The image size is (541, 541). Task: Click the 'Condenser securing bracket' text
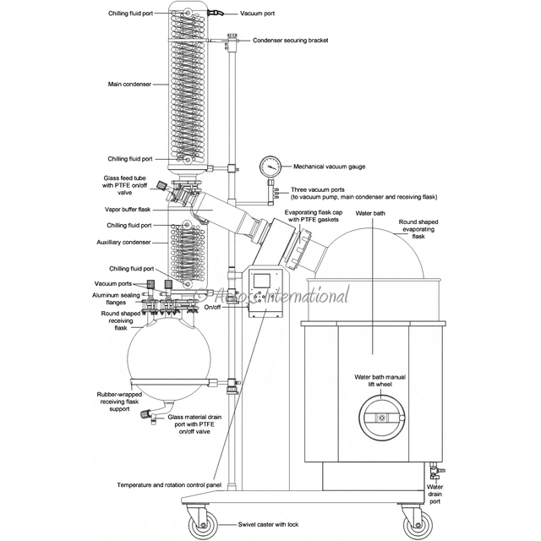[x=291, y=40]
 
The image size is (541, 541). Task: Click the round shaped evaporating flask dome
[x=380, y=254]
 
